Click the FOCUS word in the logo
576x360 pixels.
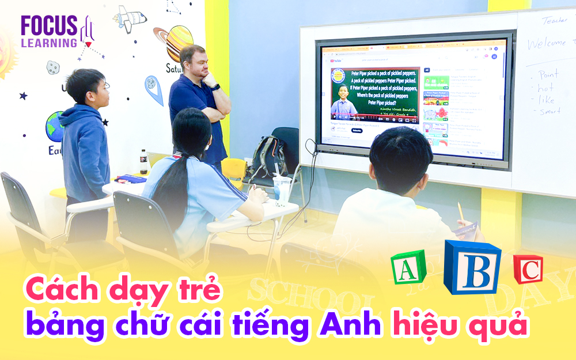(49, 25)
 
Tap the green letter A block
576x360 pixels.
(408, 267)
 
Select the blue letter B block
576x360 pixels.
(472, 267)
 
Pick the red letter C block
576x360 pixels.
(528, 269)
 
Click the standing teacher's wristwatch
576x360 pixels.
(215, 87)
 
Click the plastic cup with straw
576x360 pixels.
(282, 188)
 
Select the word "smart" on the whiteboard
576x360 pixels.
(551, 111)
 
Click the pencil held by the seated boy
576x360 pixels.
(460, 212)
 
